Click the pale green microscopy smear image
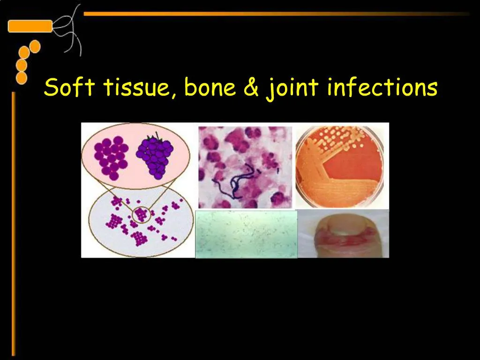pyautogui.click(x=246, y=234)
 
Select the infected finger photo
pyautogui.click(x=343, y=233)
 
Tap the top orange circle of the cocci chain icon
pyautogui.click(x=34, y=46)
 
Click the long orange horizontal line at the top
pyautogui.click(x=277, y=14)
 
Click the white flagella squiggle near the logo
pyautogui.click(x=70, y=28)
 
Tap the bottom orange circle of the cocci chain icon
pyautogui.click(x=22, y=77)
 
